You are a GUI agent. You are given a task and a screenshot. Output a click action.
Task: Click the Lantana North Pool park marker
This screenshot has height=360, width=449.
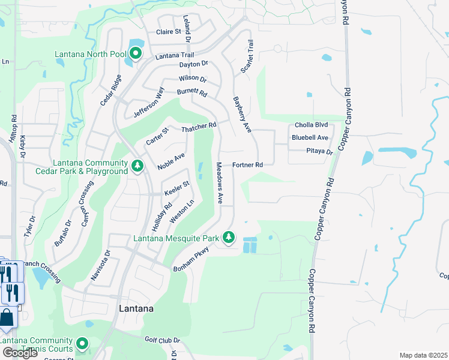pos(136,54)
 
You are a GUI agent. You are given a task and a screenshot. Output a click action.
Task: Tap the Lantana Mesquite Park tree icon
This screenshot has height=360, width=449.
pos(228,238)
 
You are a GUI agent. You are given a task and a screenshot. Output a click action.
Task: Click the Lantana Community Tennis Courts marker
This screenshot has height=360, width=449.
pos(82,344)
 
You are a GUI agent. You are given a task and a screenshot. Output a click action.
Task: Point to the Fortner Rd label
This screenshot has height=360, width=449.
pos(248,165)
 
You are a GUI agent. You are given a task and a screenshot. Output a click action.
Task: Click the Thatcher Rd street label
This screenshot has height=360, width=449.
pos(198,127)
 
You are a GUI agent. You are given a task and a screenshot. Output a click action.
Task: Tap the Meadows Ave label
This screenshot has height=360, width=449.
pos(220,182)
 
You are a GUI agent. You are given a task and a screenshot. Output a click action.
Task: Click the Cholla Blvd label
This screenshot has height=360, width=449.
pos(311,125)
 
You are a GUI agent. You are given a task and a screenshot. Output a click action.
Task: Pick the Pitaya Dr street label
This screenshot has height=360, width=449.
pos(319,152)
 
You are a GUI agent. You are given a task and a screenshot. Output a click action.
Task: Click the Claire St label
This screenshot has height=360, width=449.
pos(169,32)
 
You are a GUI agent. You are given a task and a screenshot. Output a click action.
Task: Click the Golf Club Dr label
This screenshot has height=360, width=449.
pos(162,340)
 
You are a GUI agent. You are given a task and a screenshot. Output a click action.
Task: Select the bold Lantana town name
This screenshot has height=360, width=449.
pos(136,309)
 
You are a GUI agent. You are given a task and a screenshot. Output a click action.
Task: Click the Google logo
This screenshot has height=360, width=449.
pos(20,353)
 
